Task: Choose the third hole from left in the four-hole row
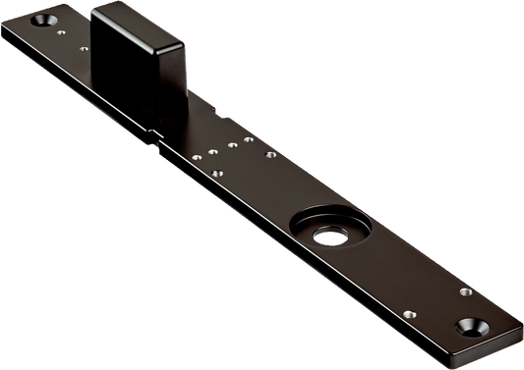click(234, 144)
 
